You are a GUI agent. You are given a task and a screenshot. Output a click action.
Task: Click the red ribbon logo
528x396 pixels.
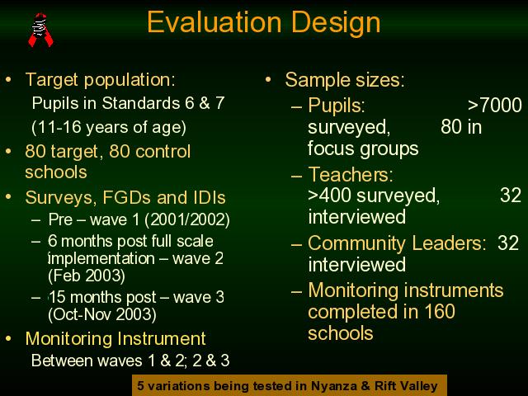click(x=40, y=30)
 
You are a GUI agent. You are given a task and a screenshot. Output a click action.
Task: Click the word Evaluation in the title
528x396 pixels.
click(x=214, y=22)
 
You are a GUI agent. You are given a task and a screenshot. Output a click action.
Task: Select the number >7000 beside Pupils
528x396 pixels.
click(x=495, y=105)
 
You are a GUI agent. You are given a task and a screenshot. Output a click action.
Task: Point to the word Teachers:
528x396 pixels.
click(x=351, y=174)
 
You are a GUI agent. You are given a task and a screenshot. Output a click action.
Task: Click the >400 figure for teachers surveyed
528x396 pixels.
click(x=330, y=196)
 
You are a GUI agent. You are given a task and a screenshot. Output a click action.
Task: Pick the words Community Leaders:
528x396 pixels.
click(x=397, y=243)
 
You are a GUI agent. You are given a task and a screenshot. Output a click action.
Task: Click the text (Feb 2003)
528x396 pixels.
click(x=87, y=276)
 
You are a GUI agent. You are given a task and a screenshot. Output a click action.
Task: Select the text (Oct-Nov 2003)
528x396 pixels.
click(x=102, y=314)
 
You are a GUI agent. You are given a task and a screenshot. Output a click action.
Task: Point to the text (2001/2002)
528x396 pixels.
click(x=187, y=219)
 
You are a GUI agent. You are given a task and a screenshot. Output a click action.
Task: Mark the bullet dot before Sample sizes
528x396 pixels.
click(x=268, y=80)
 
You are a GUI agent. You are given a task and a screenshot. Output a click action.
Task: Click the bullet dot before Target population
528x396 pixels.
click(x=8, y=80)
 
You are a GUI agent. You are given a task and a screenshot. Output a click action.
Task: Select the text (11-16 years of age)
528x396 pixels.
click(x=109, y=127)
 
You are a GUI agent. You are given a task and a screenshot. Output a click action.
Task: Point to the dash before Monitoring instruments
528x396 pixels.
click(x=296, y=291)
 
